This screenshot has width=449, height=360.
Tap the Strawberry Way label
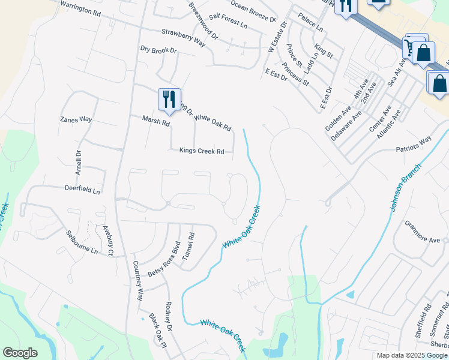183,37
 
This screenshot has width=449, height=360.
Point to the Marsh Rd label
156,121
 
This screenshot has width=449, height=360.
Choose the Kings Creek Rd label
202,151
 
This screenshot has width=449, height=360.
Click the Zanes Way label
76,119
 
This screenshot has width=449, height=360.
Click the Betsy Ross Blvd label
164,259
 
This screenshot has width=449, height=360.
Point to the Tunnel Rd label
188,245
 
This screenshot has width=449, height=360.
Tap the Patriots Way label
414,142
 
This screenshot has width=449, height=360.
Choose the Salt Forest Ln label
228,22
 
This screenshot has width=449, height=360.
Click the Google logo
20,353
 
